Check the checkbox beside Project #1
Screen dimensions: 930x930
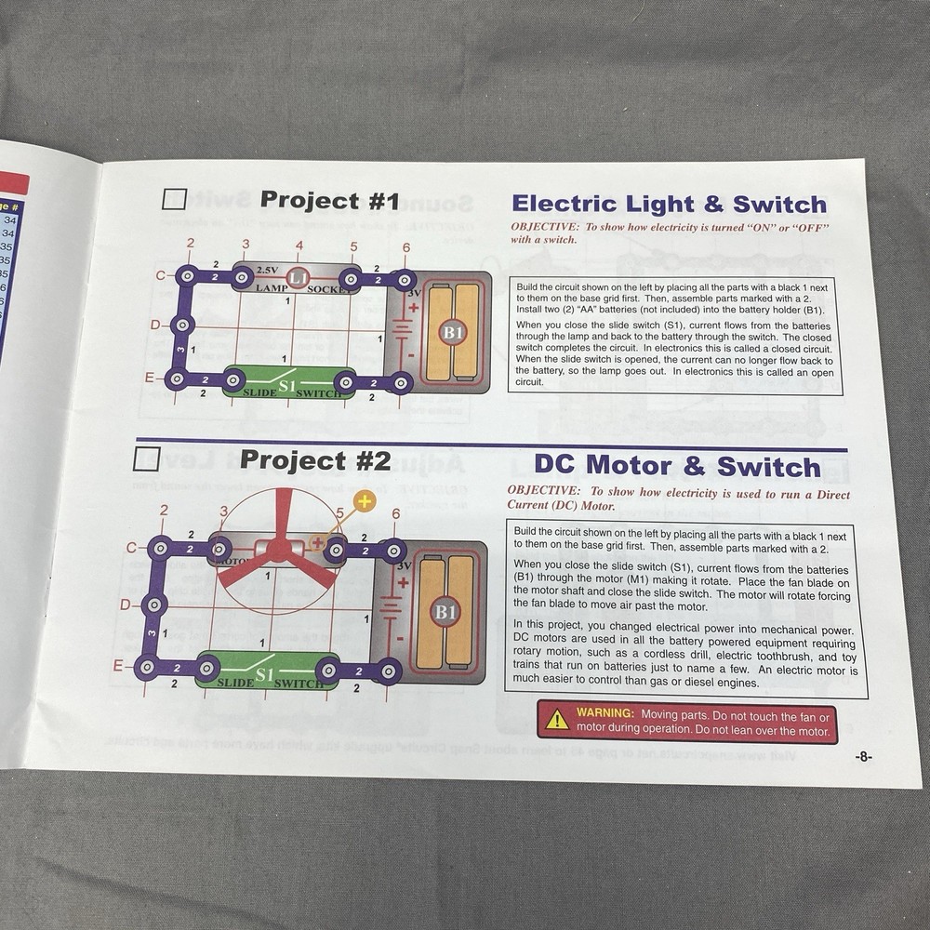point(174,199)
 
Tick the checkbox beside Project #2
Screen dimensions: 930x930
point(146,458)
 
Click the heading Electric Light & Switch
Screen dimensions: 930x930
point(669,205)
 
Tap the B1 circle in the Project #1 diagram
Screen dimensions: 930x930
point(453,332)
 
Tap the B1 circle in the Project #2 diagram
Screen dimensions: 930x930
point(445,611)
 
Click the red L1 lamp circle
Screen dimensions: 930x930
point(298,277)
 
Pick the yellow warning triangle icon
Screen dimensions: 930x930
point(557,718)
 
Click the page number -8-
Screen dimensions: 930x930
point(863,757)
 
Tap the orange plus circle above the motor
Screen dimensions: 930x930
point(364,501)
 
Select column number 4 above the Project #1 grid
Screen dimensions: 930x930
point(299,246)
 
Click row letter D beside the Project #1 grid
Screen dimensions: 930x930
point(155,325)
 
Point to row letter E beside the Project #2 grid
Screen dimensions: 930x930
point(118,665)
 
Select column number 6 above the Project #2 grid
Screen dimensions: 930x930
point(395,513)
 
